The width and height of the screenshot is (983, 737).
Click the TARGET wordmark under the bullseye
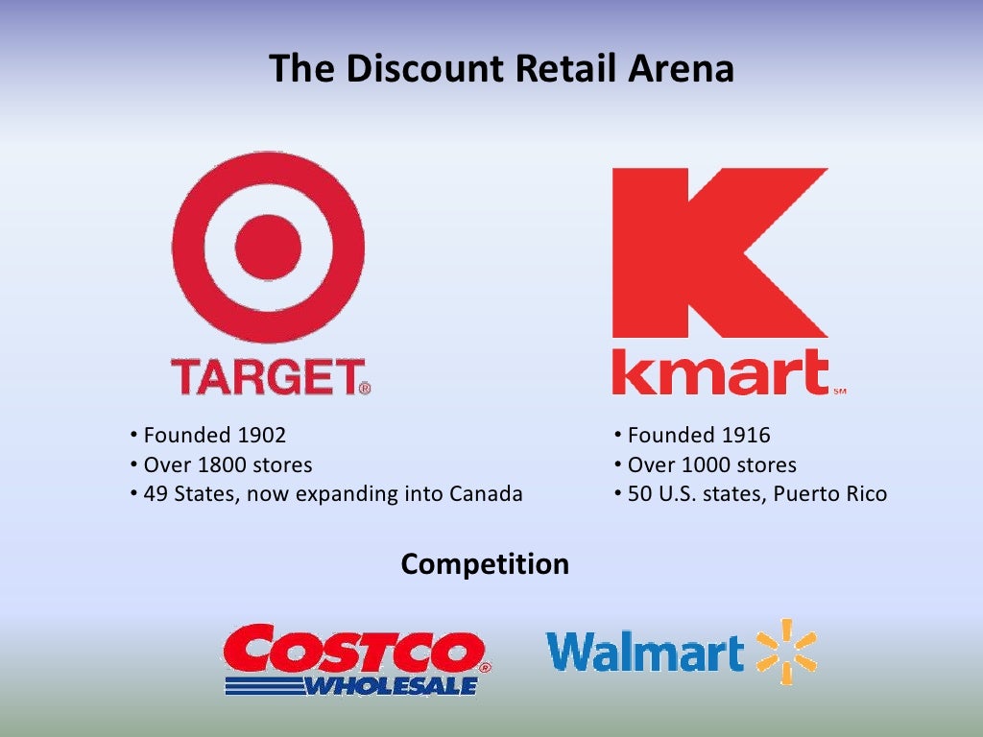(264, 377)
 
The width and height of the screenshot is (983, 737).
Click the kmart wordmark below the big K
(720, 373)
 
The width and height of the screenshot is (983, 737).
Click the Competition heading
(485, 564)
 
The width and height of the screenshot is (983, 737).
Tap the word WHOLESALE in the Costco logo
(391, 686)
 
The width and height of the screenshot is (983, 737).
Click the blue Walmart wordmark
(644, 653)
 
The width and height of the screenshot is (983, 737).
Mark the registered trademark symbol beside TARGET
(365, 389)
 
